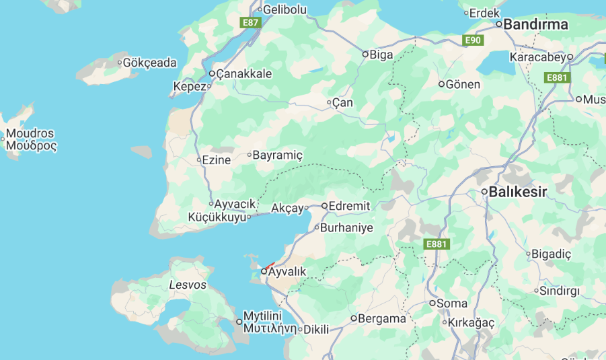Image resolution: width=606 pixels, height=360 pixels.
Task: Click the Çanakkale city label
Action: [x=245, y=73]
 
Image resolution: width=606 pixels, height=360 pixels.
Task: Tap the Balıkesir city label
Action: [x=518, y=192]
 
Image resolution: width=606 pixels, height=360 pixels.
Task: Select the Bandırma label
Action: [x=535, y=24]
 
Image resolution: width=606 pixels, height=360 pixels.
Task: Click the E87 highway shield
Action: [x=250, y=22]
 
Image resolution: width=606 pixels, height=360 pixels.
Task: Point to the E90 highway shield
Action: [x=474, y=40]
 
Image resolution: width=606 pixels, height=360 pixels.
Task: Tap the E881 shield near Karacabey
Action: [x=558, y=78]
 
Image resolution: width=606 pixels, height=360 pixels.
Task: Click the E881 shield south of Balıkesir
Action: [x=437, y=244]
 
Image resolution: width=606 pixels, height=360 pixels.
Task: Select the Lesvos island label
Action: [x=188, y=285]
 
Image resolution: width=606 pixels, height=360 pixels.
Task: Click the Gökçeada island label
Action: [x=151, y=63]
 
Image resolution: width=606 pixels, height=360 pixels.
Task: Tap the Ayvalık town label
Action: [x=287, y=271]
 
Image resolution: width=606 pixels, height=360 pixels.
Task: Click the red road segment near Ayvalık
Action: [x=270, y=265]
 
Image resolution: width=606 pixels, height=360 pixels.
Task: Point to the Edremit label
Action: [x=350, y=206]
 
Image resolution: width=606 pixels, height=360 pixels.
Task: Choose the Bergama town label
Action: [x=382, y=318]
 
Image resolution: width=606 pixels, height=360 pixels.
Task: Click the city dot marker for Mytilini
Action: [x=239, y=322]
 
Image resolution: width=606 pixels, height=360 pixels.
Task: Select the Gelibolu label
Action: [x=285, y=9]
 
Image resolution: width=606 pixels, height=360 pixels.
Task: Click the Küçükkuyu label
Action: [x=217, y=217]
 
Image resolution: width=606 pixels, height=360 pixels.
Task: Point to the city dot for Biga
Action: [x=365, y=55]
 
